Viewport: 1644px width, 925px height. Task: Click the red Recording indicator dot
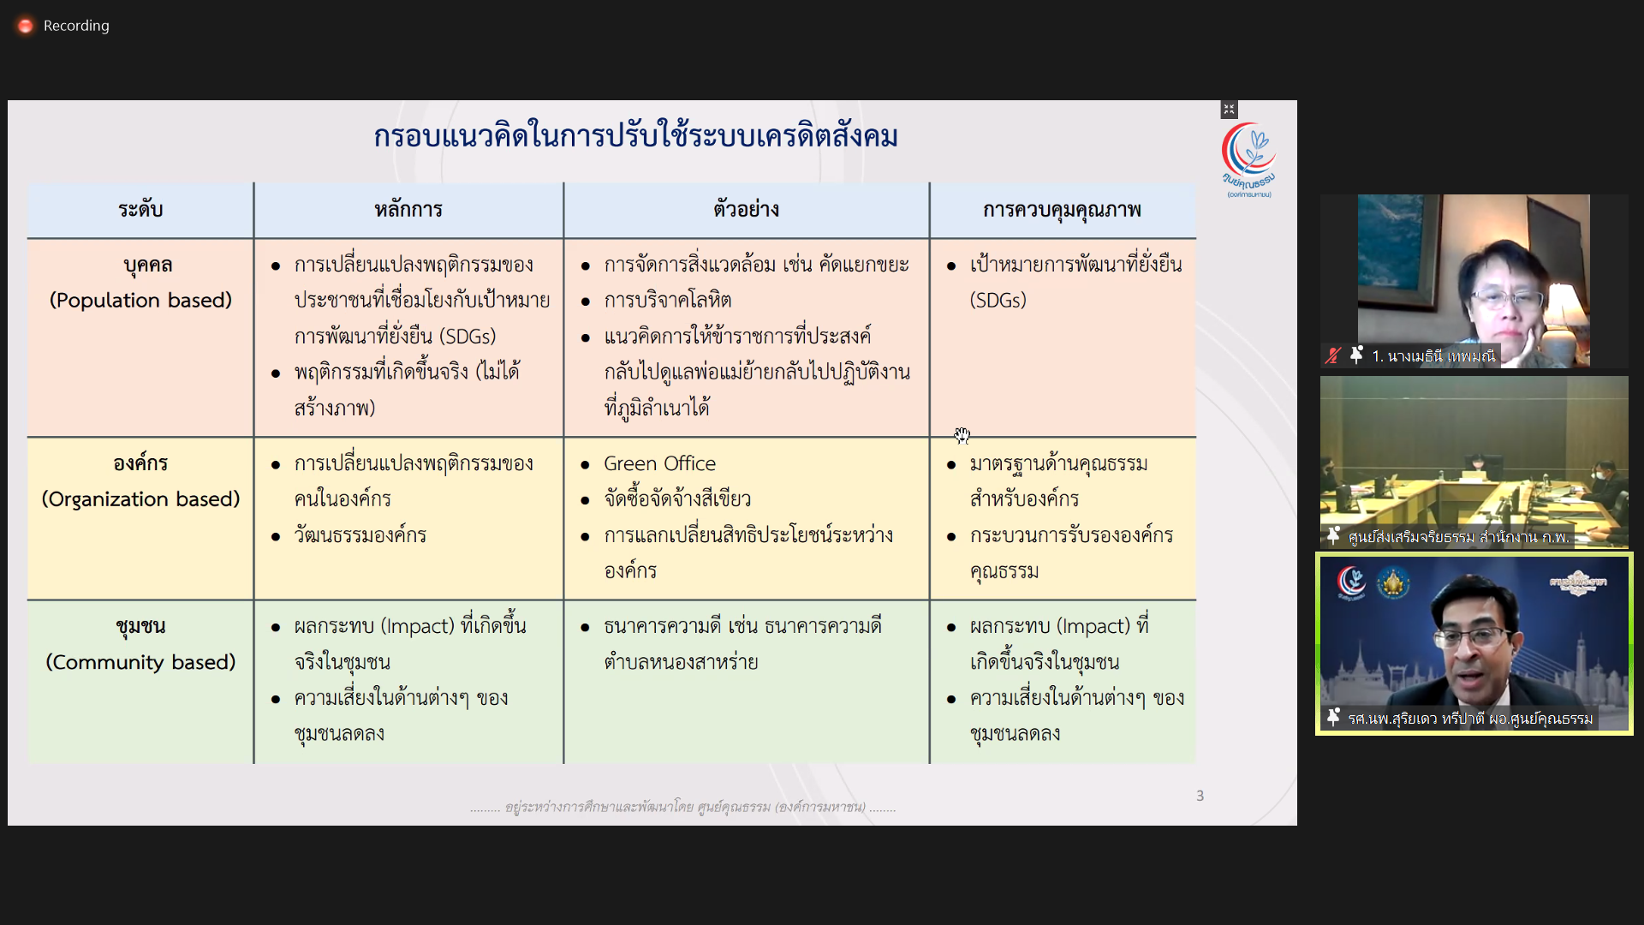coord(26,26)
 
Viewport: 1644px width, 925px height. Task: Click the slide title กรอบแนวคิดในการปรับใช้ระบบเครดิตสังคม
coord(635,137)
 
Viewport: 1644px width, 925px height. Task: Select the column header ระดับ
coord(140,210)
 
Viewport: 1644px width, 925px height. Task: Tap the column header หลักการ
coord(408,210)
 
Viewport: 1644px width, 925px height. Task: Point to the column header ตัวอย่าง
coord(746,210)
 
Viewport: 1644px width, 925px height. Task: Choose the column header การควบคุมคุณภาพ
coord(1062,210)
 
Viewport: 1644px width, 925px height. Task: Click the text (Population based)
coord(140,301)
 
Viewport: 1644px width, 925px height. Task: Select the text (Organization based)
coord(140,499)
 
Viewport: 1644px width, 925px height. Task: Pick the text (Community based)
coord(140,662)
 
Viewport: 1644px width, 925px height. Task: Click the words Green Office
coord(659,463)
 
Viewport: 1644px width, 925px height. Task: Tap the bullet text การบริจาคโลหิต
coord(667,301)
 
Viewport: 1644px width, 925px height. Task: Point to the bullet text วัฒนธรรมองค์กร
coord(360,535)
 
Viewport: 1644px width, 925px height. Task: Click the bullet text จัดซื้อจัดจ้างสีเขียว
coord(677,499)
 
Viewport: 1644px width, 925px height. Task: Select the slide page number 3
coord(1200,796)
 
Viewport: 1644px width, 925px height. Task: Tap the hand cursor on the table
coord(962,436)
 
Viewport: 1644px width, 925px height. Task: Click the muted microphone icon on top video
coord(1332,355)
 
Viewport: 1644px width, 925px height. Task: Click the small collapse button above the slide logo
coord(1229,110)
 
